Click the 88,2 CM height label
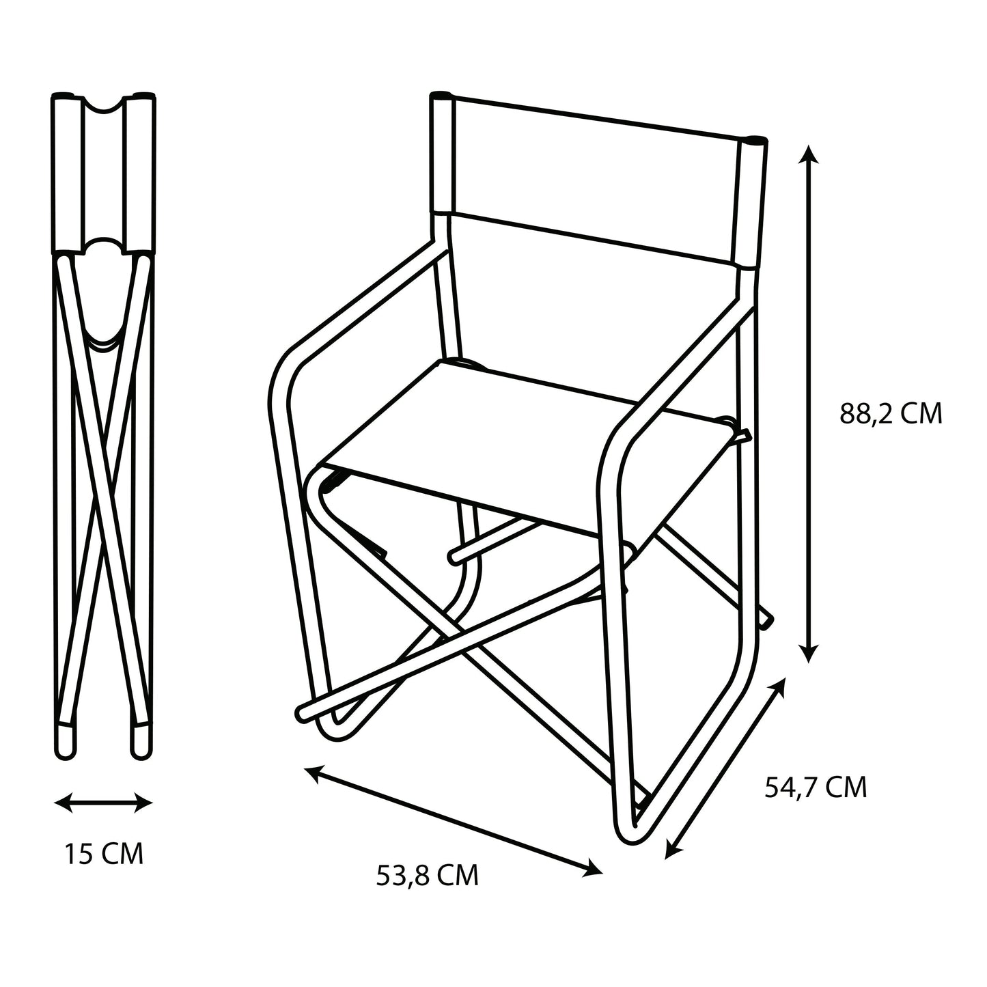click(891, 415)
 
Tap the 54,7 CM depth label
click(815, 788)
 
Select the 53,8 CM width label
click(427, 876)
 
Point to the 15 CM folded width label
click(105, 854)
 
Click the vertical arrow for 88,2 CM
click(809, 403)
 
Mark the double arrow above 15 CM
click(104, 803)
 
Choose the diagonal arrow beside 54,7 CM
click(725, 767)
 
